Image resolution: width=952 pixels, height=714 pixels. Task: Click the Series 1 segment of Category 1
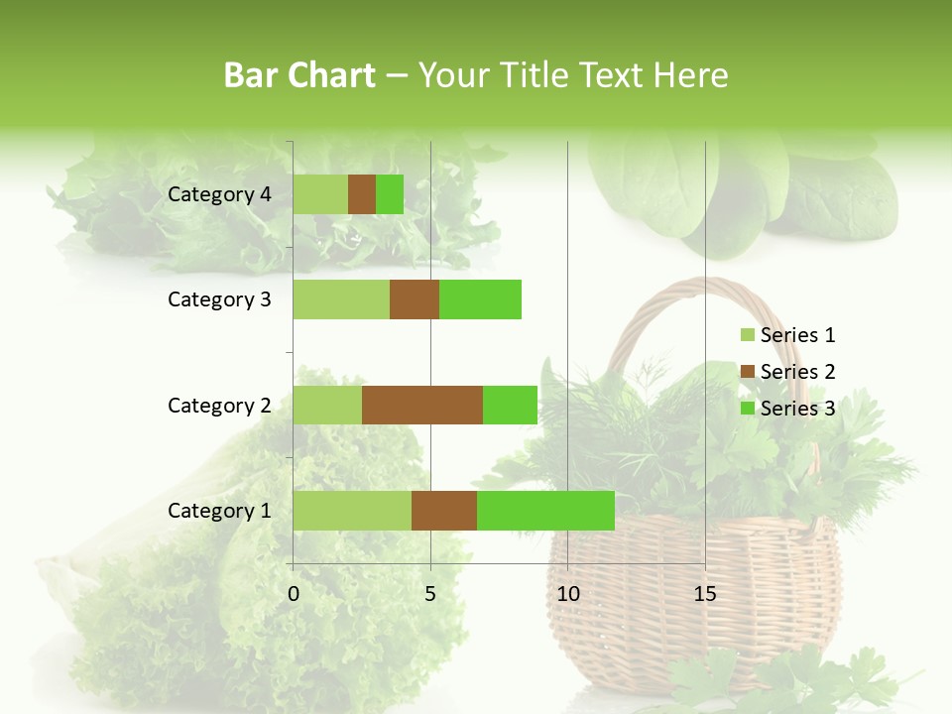click(x=352, y=510)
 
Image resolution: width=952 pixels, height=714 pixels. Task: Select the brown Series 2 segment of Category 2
click(x=422, y=405)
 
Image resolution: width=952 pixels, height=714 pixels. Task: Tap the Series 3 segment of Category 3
click(x=480, y=299)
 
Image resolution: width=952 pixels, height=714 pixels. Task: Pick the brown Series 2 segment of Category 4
click(x=362, y=194)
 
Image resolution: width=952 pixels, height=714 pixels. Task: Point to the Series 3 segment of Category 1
click(x=545, y=510)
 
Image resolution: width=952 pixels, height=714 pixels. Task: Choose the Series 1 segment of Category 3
click(x=341, y=299)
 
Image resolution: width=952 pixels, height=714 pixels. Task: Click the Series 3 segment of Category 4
click(x=390, y=194)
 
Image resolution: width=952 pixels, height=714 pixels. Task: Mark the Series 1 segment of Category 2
click(x=327, y=405)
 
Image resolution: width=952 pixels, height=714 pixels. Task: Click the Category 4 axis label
click(x=219, y=194)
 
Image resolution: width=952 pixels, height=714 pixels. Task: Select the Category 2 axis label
click(x=219, y=405)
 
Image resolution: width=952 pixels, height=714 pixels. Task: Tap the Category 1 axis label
click(x=219, y=511)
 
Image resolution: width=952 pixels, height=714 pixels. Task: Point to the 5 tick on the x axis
click(x=430, y=594)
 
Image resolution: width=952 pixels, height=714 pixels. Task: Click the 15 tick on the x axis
click(x=705, y=594)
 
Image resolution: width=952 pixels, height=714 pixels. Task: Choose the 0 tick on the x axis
click(x=294, y=594)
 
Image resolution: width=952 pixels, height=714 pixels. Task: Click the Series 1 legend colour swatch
click(x=747, y=335)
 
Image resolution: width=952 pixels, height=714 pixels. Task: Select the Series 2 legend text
click(x=797, y=372)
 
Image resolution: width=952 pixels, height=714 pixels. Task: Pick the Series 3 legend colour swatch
click(x=747, y=409)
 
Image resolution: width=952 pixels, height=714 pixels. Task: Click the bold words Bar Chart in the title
click(x=299, y=74)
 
